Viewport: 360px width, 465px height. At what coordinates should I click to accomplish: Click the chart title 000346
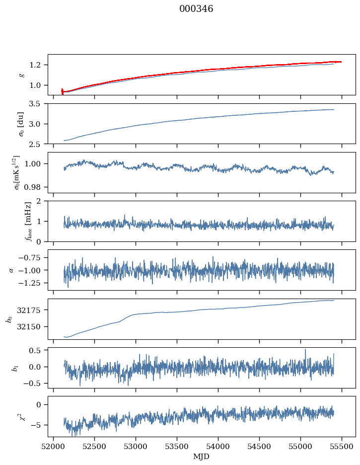[196, 9]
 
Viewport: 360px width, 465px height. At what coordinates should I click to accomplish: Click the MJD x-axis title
[202, 456]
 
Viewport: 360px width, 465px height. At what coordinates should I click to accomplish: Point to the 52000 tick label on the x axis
[54, 446]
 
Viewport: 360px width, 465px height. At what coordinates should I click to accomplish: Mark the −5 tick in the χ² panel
[36, 425]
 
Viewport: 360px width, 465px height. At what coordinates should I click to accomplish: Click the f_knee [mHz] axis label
[28, 221]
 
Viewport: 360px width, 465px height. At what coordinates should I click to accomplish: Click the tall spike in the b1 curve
[305, 350]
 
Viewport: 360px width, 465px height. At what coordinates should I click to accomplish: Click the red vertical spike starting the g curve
[62, 91]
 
